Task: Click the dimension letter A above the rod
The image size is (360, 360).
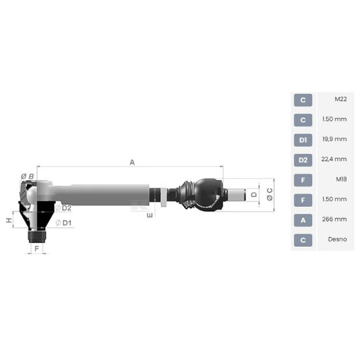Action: point(132,162)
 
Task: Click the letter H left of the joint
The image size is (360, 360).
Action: point(9,221)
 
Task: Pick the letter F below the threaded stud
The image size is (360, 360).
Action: point(37,249)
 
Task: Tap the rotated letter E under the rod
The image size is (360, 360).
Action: point(150,214)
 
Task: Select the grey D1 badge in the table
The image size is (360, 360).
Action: point(302,140)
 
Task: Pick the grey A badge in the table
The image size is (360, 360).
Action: point(302,221)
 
